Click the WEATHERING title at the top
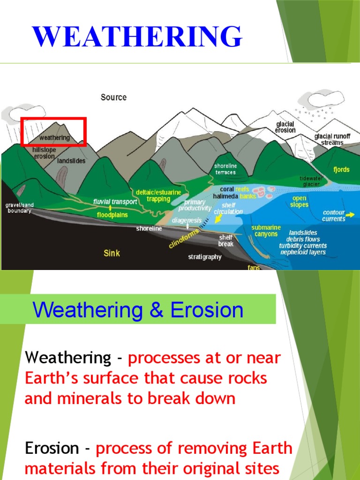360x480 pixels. pyautogui.click(x=137, y=37)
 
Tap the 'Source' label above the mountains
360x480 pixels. pyautogui.click(x=113, y=97)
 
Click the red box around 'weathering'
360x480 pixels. pyautogui.click(x=54, y=132)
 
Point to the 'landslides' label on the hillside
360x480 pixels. pyautogui.click(x=71, y=161)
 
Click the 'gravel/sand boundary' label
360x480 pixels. pyautogui.click(x=19, y=208)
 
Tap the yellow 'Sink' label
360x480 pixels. pyautogui.click(x=112, y=253)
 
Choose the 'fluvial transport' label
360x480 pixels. pyautogui.click(x=115, y=202)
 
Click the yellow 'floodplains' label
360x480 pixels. pyautogui.click(x=113, y=215)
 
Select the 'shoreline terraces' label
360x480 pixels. pyautogui.click(x=225, y=169)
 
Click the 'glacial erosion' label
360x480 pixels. pyautogui.click(x=285, y=127)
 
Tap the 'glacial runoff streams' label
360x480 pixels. pyautogui.click(x=332, y=139)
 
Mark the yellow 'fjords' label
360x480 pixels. pyautogui.click(x=341, y=170)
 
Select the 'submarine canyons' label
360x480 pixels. pyautogui.click(x=266, y=231)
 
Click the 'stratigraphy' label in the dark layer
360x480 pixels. pyautogui.click(x=204, y=257)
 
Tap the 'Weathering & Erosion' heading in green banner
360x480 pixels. pyautogui.click(x=138, y=310)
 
